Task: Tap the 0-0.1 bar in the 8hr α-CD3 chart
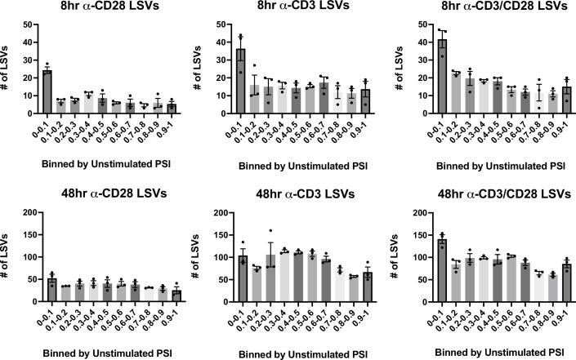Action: [241, 82]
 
